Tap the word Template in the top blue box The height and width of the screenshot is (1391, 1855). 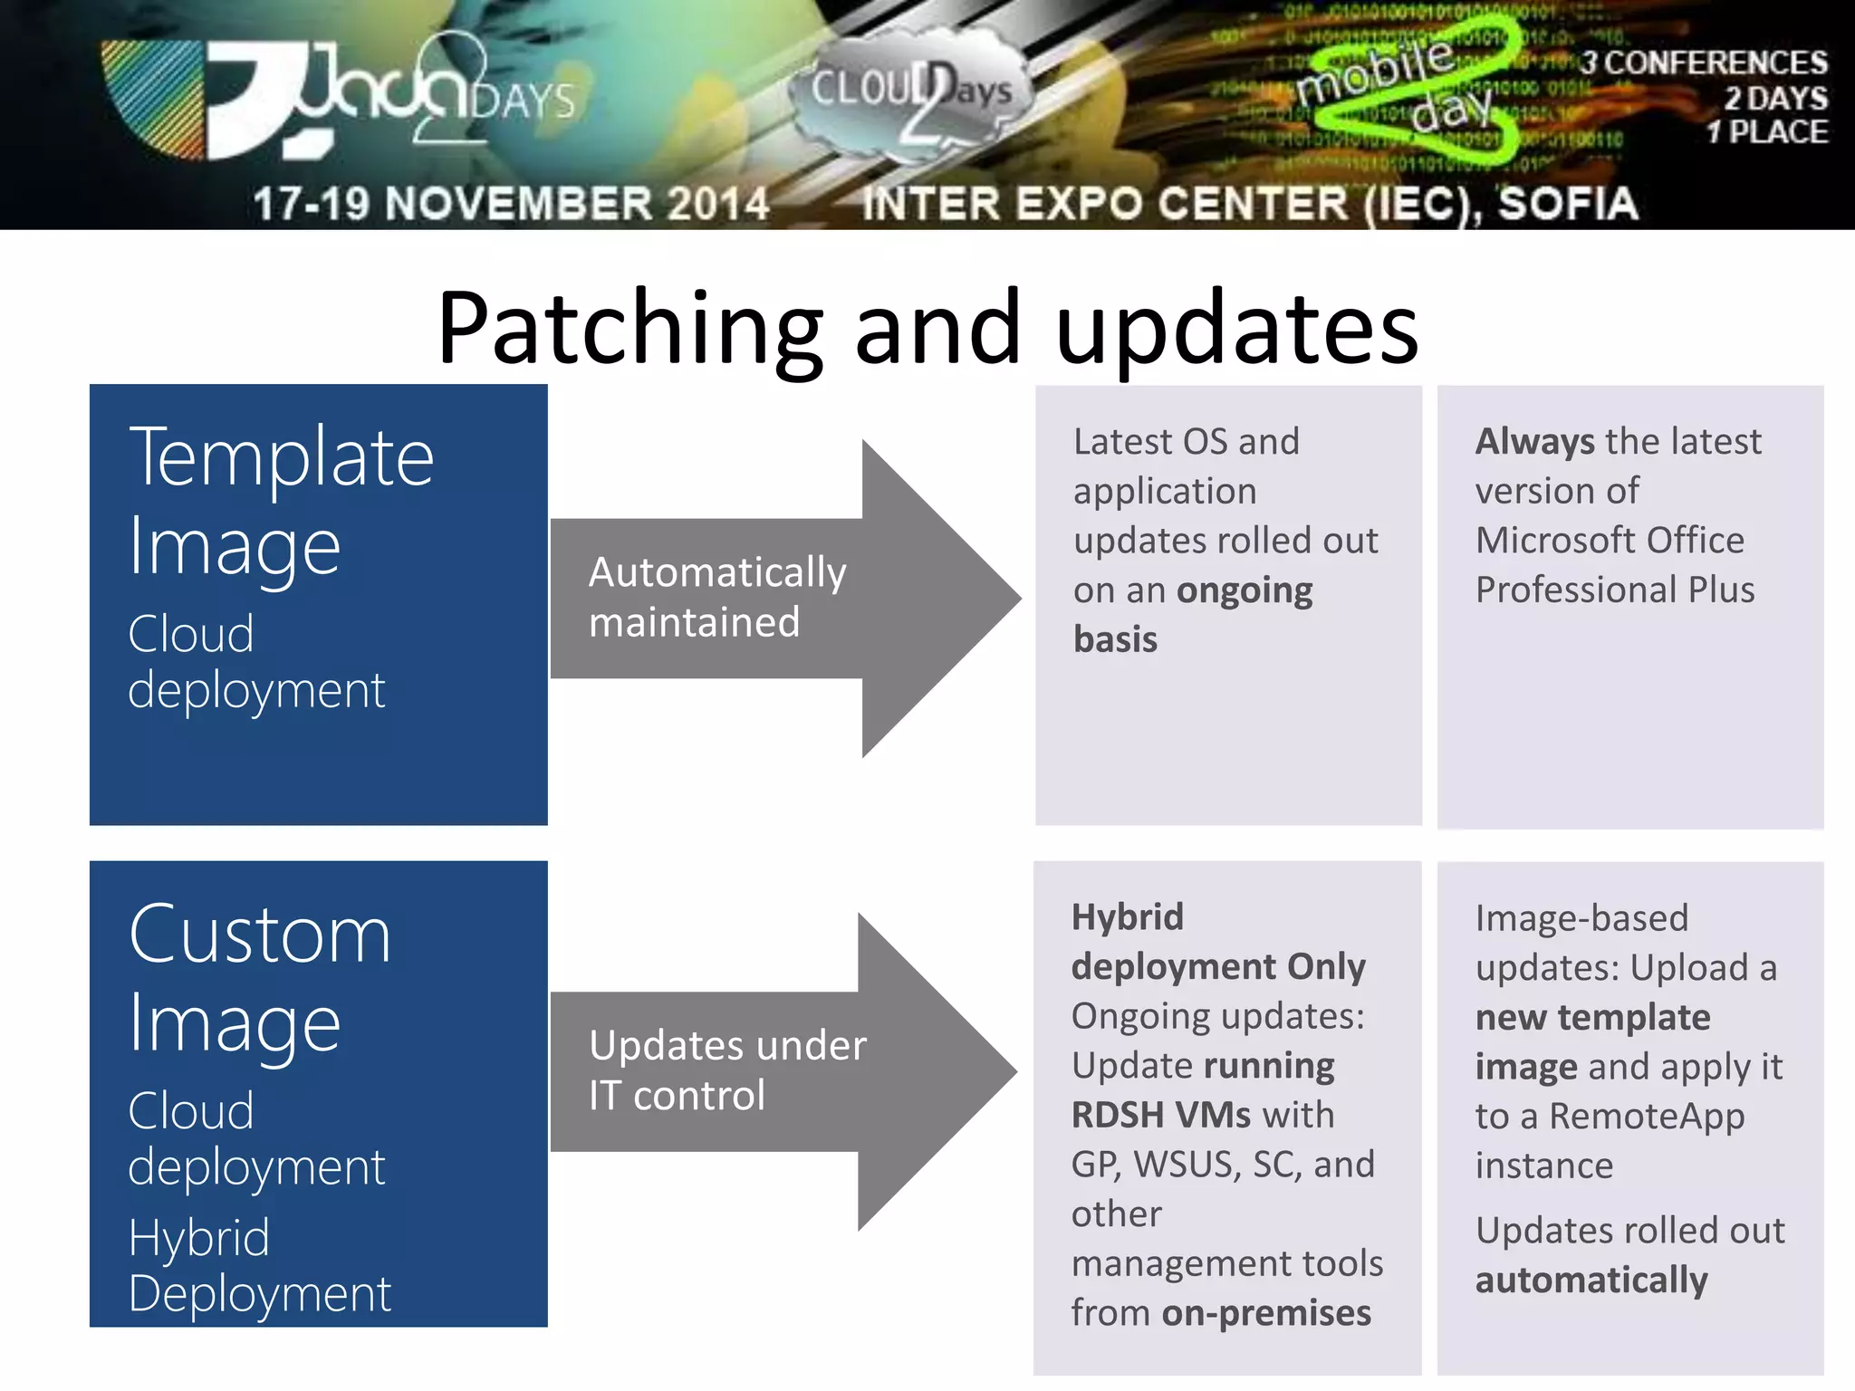pos(281,458)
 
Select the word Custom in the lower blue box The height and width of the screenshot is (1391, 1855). pos(260,935)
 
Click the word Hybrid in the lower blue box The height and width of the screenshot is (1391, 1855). pos(199,1238)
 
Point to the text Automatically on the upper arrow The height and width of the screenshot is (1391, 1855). pos(717,573)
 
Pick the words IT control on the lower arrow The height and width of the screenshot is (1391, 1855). pos(677,1096)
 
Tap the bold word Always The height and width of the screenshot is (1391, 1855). pos(1534,442)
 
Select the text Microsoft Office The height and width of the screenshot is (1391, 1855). pos(1610,541)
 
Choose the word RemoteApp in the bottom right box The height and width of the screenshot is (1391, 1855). pos(1646,1117)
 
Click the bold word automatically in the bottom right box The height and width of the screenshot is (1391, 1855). pos(1591,1281)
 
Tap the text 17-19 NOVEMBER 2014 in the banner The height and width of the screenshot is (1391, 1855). pos(511,204)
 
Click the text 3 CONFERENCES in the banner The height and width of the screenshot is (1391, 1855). pos(1703,63)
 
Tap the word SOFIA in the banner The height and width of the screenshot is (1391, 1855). pos(1567,204)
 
